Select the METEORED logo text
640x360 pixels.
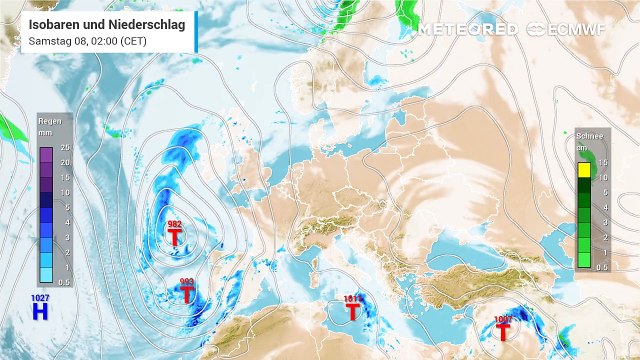coord(468,29)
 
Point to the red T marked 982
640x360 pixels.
coord(175,238)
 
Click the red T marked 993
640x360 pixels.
coord(187,295)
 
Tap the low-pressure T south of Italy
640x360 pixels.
coord(352,311)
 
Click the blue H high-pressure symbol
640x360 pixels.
coord(40,312)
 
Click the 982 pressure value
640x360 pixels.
coord(174,224)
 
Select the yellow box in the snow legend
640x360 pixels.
coord(584,171)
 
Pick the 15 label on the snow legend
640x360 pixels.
coord(604,163)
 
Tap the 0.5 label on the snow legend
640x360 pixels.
coord(602,267)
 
